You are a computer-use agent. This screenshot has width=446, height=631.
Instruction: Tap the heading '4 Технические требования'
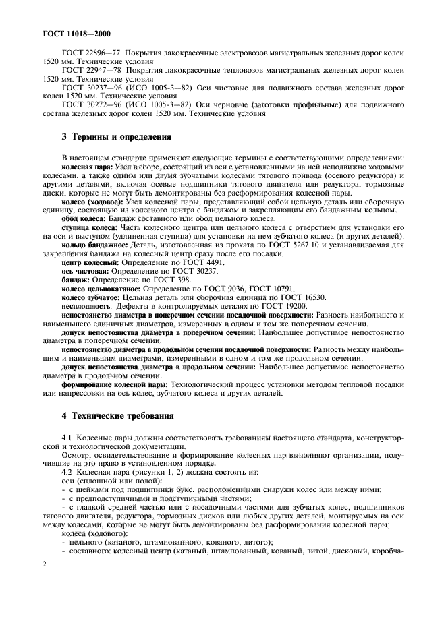(117, 416)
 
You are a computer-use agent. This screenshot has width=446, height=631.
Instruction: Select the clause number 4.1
(67, 439)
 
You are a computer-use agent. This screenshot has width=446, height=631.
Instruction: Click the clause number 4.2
(67, 473)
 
